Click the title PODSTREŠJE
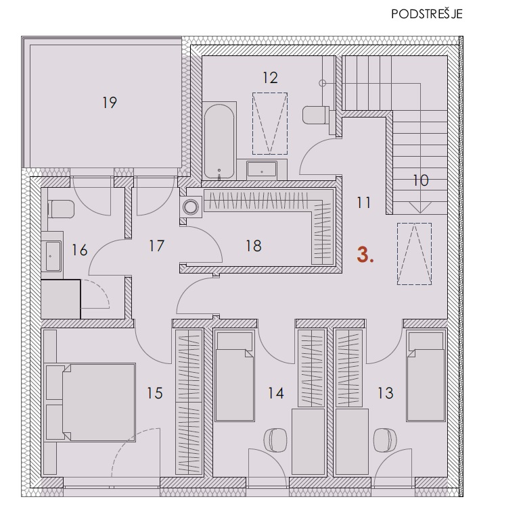tap(427, 14)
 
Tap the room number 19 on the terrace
tap(110, 103)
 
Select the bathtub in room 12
tap(219, 142)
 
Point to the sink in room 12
tap(262, 170)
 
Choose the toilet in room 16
tap(61, 209)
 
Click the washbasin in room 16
tap(53, 256)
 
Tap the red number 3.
tap(365, 256)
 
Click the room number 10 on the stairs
tap(421, 180)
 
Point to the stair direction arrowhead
tap(420, 208)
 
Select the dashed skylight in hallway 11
tap(414, 254)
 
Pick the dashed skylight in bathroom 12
tap(270, 124)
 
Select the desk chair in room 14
tap(275, 440)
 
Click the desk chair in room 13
tap(386, 440)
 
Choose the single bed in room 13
tap(426, 376)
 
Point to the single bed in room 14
tap(234, 376)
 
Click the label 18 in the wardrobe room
tap(254, 246)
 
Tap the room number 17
tap(156, 246)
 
